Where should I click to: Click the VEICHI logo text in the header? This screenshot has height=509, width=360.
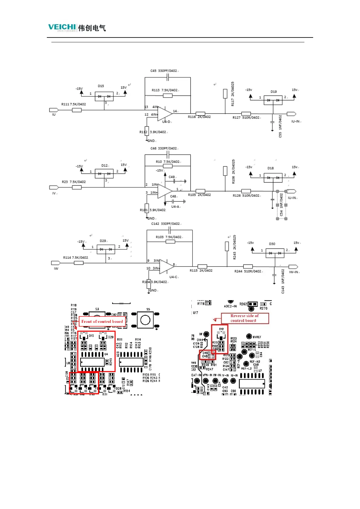click(x=62, y=27)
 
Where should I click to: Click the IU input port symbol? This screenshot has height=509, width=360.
click(x=54, y=110)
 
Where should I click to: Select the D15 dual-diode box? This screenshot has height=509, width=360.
click(x=104, y=96)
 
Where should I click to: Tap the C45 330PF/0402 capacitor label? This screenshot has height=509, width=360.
click(x=164, y=71)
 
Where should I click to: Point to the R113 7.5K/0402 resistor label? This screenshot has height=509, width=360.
click(x=165, y=90)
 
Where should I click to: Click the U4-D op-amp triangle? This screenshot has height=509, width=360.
click(x=165, y=114)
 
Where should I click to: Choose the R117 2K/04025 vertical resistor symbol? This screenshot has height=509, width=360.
click(x=225, y=94)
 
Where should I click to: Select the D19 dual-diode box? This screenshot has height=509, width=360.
click(x=273, y=100)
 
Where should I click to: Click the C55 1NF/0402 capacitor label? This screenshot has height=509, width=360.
click(x=280, y=126)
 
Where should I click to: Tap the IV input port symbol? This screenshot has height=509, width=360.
click(x=54, y=187)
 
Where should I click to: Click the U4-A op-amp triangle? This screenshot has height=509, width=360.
click(x=165, y=191)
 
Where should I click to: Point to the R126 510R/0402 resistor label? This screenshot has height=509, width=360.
click(x=246, y=196)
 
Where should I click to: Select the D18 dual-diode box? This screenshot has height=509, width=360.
click(x=273, y=178)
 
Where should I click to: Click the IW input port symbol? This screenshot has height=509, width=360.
click(x=56, y=263)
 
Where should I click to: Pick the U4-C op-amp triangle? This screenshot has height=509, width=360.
click(x=167, y=266)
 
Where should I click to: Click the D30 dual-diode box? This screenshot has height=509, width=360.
click(x=275, y=253)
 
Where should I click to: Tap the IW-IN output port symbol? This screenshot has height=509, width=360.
click(x=293, y=267)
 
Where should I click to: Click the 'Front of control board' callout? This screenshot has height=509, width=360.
click(x=102, y=322)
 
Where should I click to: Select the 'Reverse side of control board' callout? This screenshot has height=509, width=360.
click(x=245, y=318)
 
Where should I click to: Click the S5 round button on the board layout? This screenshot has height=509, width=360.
click(x=145, y=320)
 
